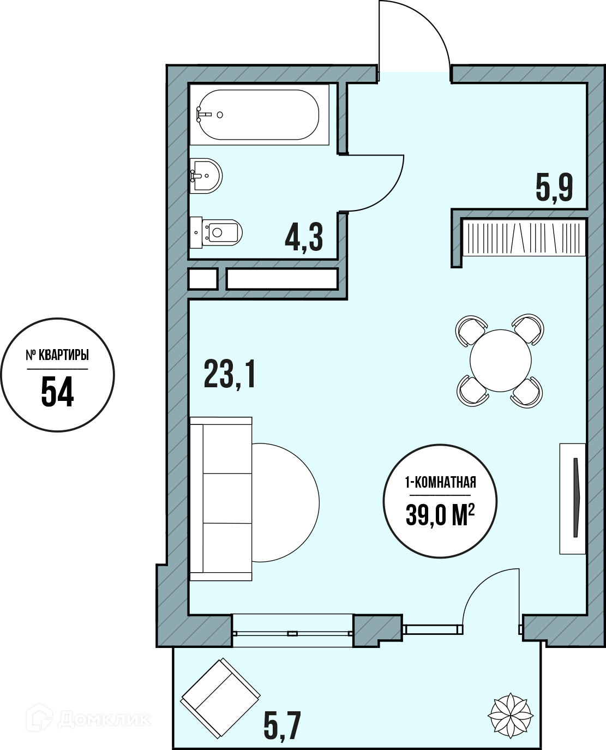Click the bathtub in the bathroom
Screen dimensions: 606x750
[259, 115]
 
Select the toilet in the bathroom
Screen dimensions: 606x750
[216, 232]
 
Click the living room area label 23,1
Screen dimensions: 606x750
[229, 375]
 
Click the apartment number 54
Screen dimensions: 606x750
[57, 391]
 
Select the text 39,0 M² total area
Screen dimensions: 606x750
[440, 515]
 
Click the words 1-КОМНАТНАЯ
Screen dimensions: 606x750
[441, 482]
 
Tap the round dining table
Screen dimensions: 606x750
[500, 360]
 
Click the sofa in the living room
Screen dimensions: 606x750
[221, 499]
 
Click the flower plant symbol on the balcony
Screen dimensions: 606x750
[510, 715]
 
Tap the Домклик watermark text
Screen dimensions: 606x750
[104, 719]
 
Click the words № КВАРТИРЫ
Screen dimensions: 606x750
[57, 355]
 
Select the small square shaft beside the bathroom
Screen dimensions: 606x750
[203, 279]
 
